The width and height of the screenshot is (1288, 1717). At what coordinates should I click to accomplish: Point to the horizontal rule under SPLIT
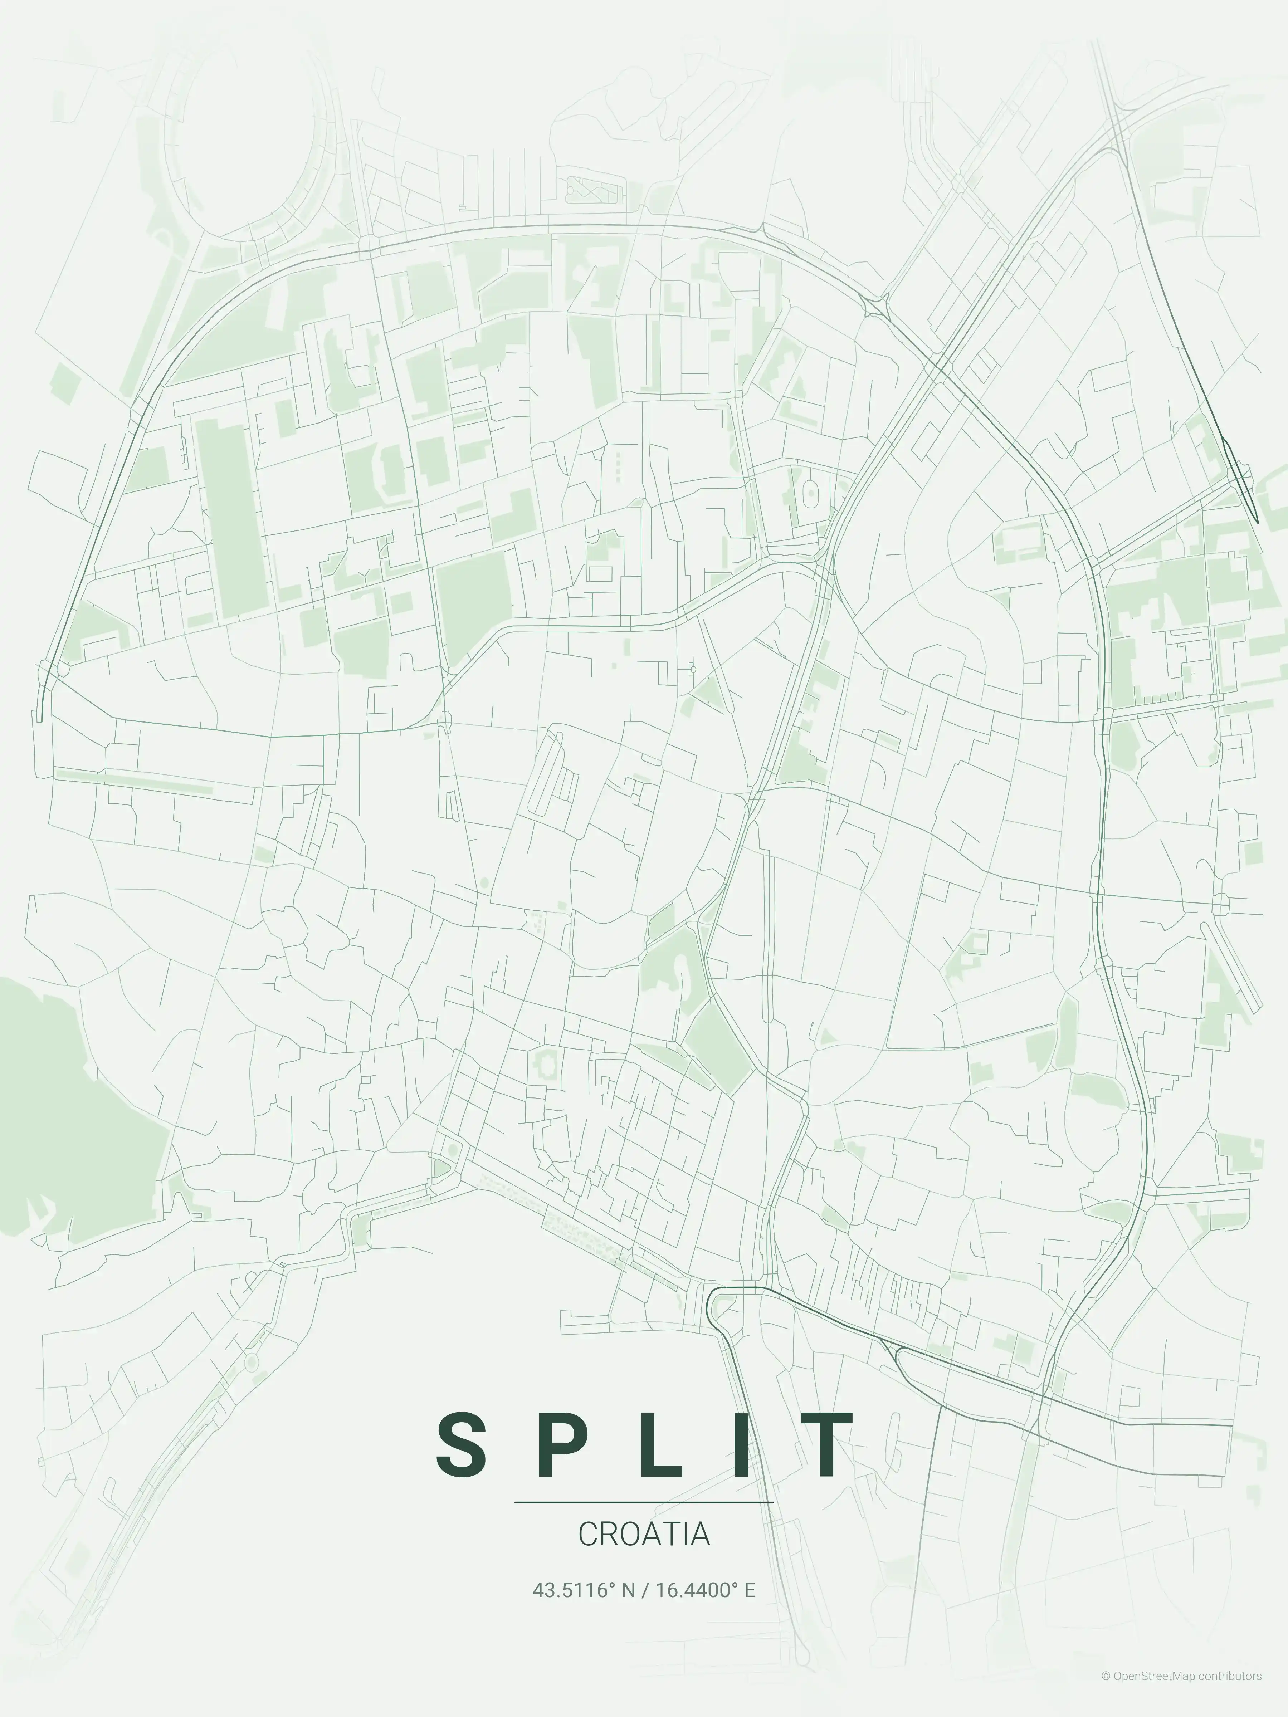click(644, 1502)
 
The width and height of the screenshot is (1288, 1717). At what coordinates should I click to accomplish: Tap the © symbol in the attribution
click(1106, 1691)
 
